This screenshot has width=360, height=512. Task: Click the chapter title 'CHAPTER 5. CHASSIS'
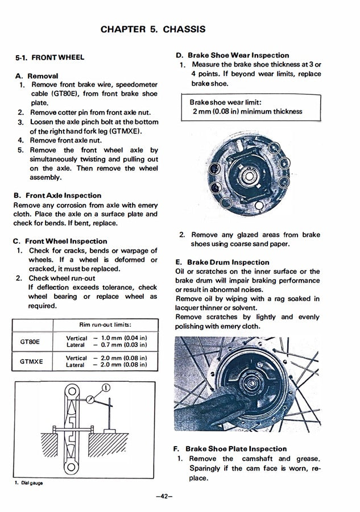point(153,29)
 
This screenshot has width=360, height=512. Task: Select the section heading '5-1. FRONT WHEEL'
point(49,57)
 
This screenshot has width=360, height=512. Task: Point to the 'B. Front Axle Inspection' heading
point(57,195)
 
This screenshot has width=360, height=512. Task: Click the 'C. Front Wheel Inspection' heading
point(60,241)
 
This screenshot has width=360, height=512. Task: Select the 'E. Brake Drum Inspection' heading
point(222,262)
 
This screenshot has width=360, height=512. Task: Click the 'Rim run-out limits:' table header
point(105,324)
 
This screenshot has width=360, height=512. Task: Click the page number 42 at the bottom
point(163,496)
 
